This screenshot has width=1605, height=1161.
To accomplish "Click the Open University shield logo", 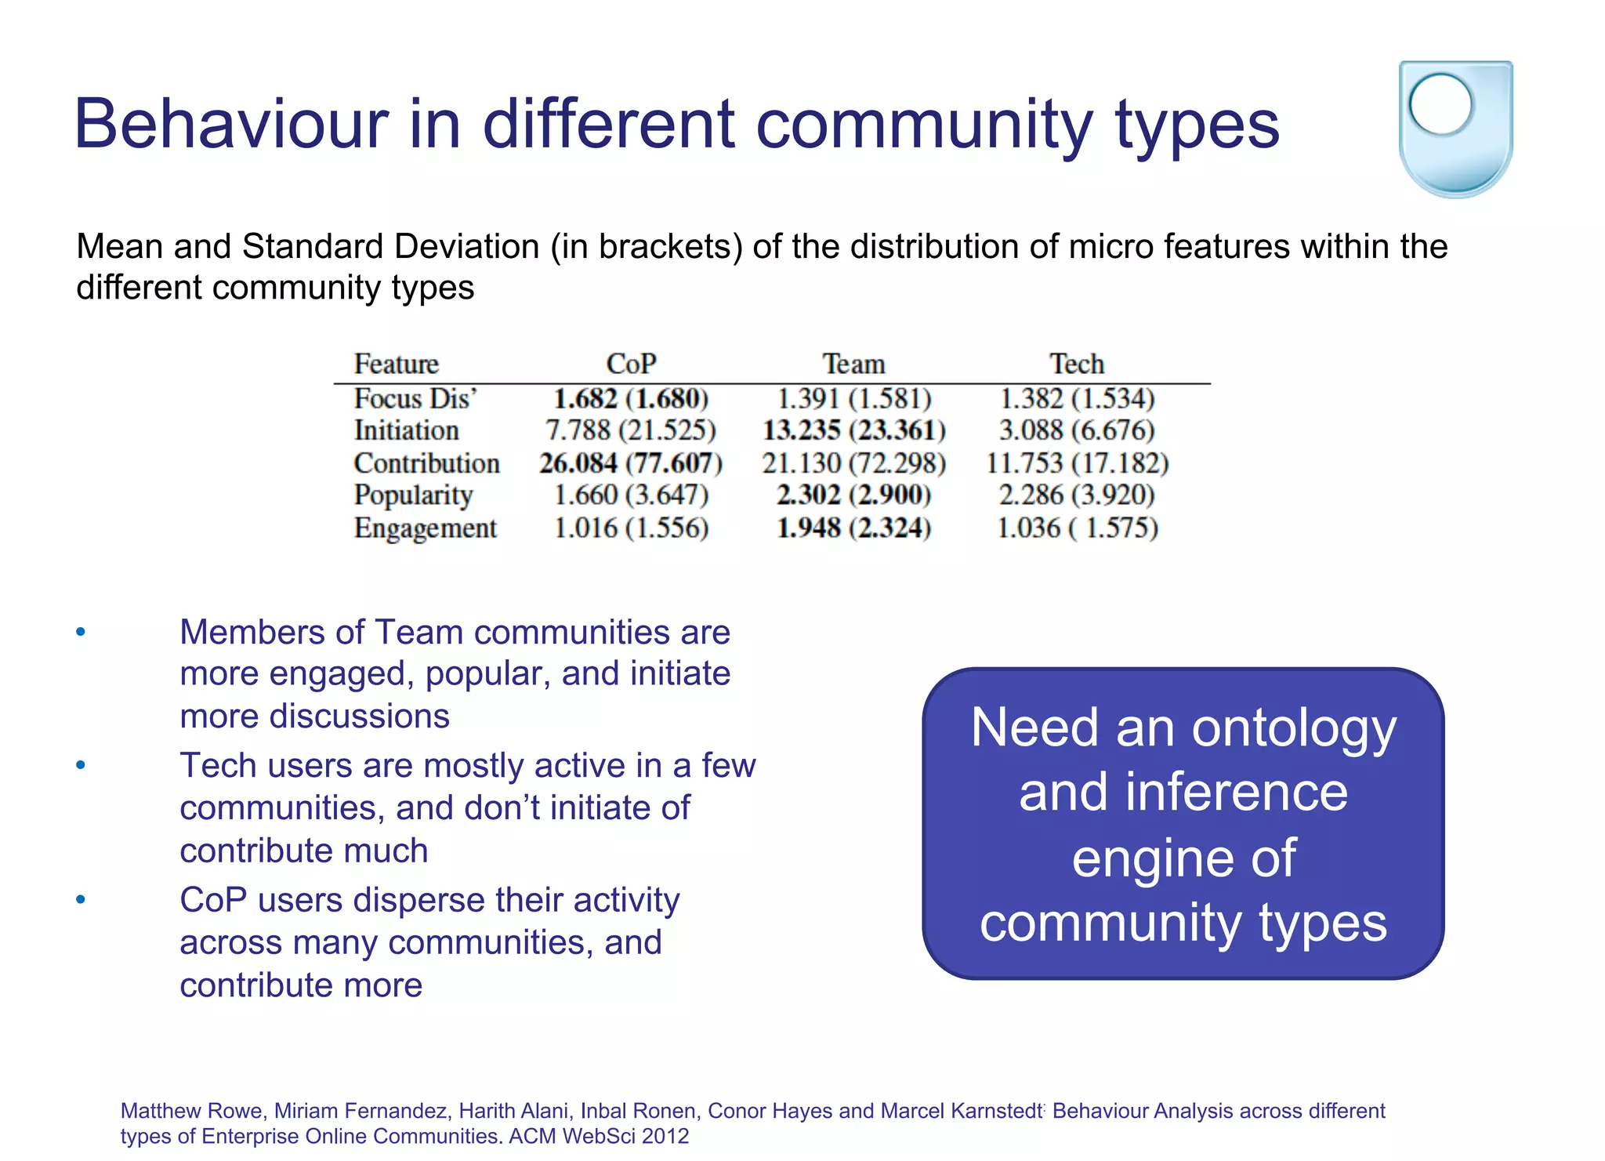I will pos(1455,129).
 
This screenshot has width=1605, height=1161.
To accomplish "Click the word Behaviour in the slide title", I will pos(231,125).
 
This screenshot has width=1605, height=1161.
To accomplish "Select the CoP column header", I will pos(631,365).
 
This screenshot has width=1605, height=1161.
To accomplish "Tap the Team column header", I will pos(853,365).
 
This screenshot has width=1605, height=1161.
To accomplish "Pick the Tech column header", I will pos(1077,365).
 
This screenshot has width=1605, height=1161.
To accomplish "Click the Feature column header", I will pos(396,365).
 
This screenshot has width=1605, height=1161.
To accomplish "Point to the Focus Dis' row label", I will pos(415,399).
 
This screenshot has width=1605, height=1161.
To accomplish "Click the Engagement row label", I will pos(425,528).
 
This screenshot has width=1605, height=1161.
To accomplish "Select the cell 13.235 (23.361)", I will pos(853,431).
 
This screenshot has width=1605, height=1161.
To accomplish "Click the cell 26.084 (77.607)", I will pos(631,463).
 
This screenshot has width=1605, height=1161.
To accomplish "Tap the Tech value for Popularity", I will pos(1077,495).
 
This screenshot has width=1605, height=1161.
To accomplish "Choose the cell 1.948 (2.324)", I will pos(853,528).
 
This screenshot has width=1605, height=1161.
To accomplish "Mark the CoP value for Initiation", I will pos(631,431).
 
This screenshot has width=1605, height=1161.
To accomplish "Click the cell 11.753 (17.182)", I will pos(1077,463).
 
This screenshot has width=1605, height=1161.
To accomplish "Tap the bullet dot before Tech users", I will pos(81,765).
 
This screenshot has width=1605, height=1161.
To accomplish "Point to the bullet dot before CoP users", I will pos(81,899).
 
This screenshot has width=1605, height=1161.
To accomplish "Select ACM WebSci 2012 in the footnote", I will pos(599,1136).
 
